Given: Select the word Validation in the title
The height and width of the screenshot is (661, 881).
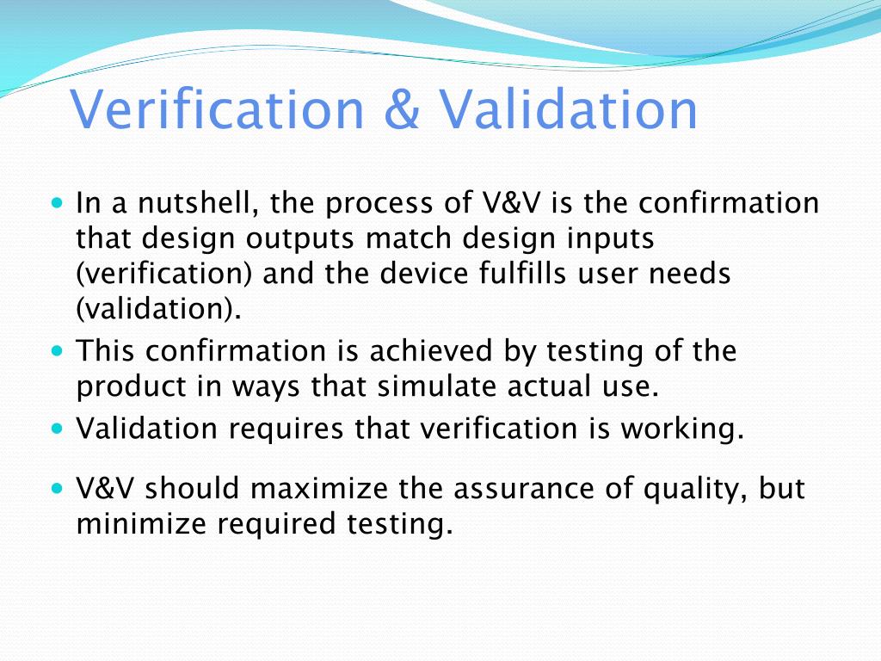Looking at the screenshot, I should [x=569, y=111].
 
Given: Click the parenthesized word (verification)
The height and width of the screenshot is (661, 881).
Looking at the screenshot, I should [x=164, y=275].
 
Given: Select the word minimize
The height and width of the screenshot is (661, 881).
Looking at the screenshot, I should [x=144, y=523].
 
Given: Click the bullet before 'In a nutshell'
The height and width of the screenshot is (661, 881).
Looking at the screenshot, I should [x=58, y=205].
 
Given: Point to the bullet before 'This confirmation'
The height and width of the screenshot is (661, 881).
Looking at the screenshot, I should [x=58, y=352].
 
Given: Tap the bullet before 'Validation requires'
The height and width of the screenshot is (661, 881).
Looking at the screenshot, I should [x=58, y=428].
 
